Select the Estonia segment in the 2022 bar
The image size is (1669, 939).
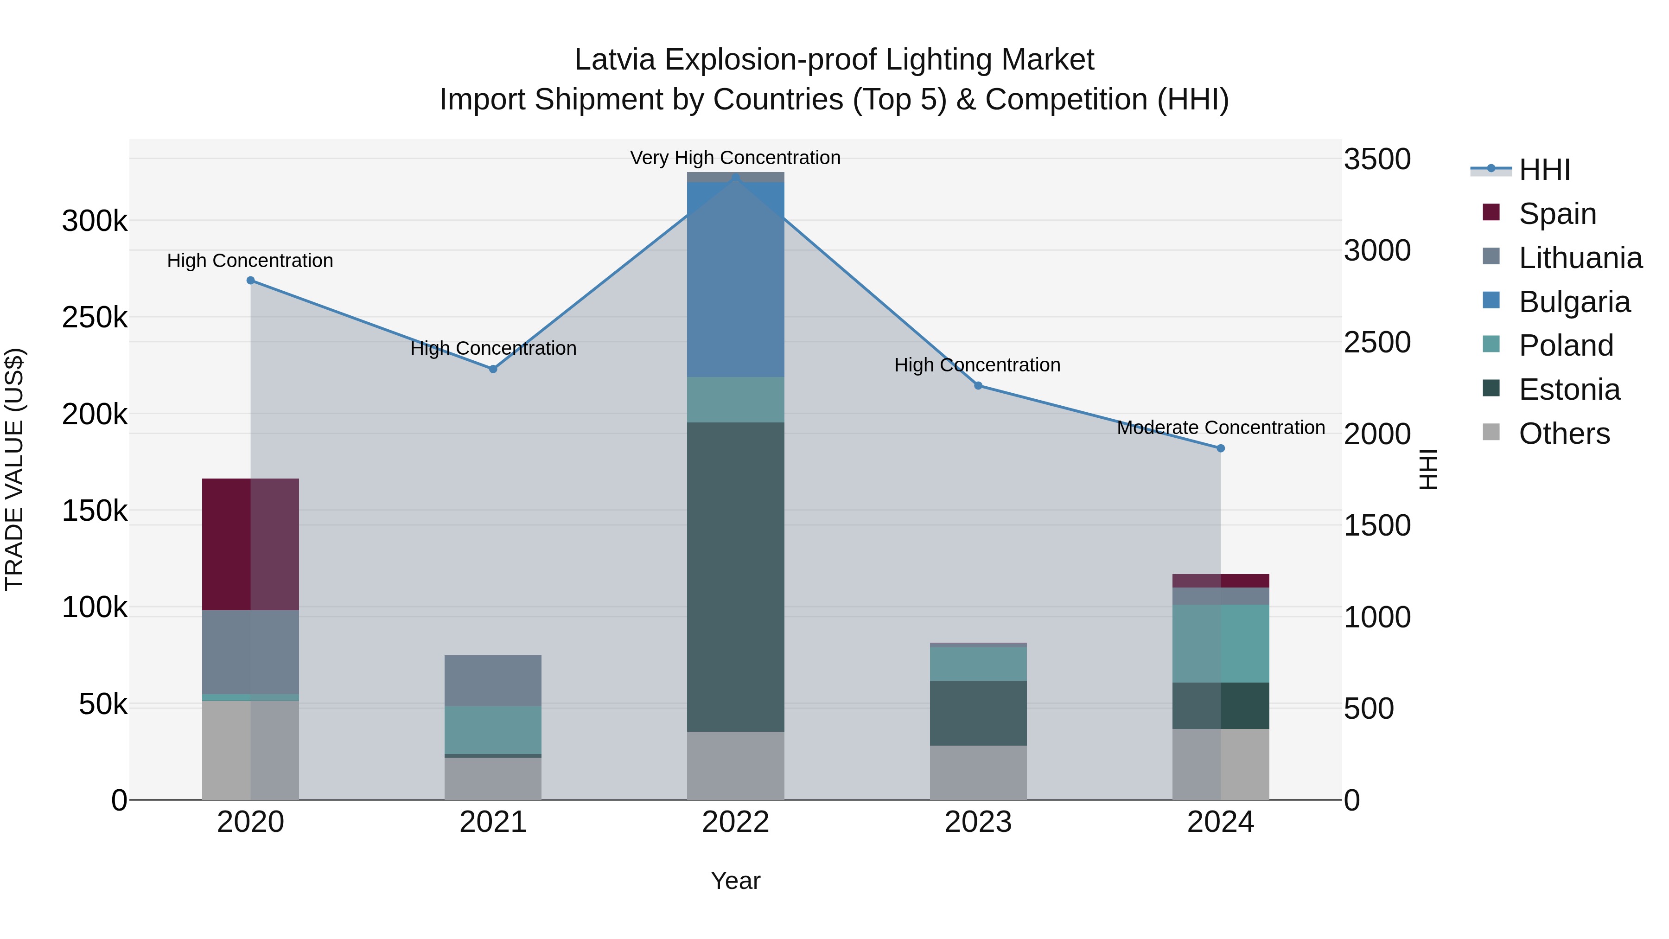click(x=735, y=577)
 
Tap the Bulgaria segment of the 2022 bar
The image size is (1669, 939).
click(x=735, y=279)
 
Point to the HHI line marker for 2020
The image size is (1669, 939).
click(x=251, y=281)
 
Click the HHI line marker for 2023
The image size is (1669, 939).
click(x=978, y=386)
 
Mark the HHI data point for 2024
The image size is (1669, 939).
click(x=1221, y=448)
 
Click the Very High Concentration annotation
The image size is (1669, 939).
click(x=735, y=158)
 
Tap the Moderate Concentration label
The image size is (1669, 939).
click(x=1221, y=428)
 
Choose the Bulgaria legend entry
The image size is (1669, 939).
click(x=1574, y=302)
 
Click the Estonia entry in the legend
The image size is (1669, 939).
click(x=1569, y=390)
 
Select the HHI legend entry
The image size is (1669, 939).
click(x=1545, y=170)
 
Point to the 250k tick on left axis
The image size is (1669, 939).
click(x=95, y=318)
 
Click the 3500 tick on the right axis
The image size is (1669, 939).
click(x=1377, y=160)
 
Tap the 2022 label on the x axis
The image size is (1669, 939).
click(x=735, y=822)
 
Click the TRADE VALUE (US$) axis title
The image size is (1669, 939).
click(x=14, y=469)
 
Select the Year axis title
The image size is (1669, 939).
click(x=735, y=881)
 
